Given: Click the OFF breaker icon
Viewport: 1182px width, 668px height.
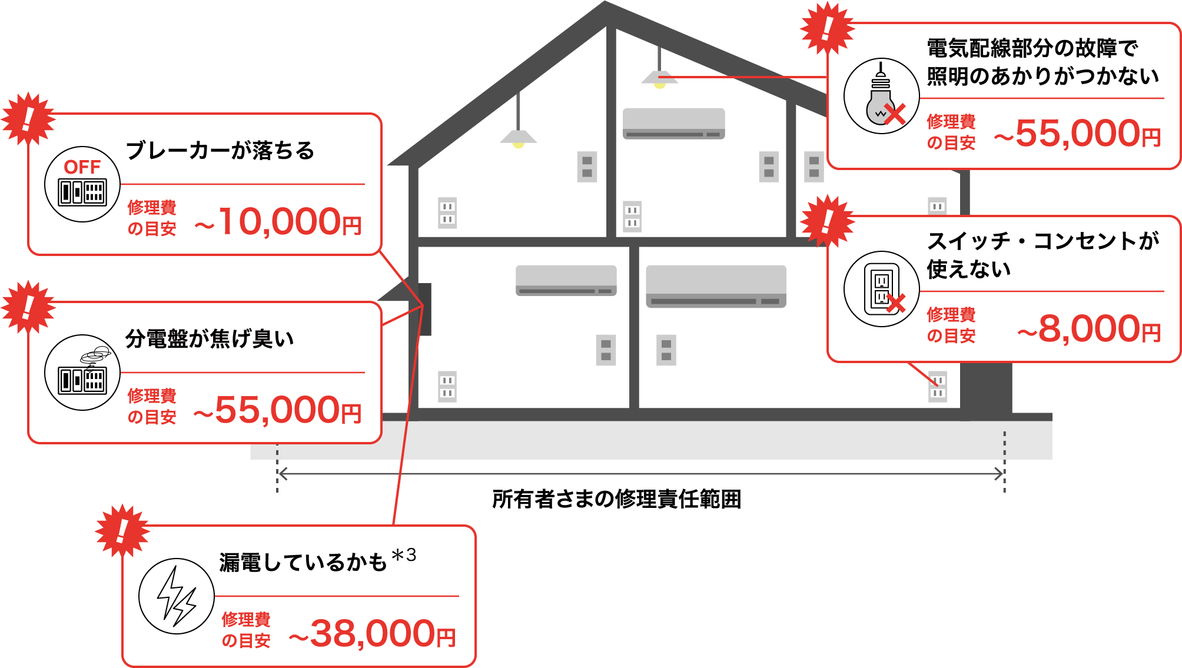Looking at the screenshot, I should (82, 184).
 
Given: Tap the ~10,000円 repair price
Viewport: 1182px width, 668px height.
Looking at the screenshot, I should (278, 222).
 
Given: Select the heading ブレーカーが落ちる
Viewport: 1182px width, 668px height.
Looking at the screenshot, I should (220, 151).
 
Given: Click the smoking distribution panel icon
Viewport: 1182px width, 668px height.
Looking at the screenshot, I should (82, 373).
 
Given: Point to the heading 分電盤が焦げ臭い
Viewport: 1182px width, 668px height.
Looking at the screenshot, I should (210, 339).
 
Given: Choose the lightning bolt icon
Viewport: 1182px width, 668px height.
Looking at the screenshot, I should (176, 596).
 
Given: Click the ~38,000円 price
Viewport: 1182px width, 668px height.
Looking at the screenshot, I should (372, 634).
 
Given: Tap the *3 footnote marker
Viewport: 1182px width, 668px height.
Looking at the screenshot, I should (404, 555).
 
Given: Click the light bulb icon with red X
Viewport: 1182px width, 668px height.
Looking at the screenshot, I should (881, 96).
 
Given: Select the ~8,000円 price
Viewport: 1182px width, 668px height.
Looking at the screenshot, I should (1089, 329).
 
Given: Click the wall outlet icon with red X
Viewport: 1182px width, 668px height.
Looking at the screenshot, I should (881, 289).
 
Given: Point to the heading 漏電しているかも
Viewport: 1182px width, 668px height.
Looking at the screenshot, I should (303, 563).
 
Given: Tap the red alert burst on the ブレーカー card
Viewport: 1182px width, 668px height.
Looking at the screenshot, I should (28, 119).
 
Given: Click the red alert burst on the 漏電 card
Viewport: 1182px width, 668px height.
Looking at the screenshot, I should (122, 531).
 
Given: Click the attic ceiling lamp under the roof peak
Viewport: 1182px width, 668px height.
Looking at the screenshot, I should (659, 78).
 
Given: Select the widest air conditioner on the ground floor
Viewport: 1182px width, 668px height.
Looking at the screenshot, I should (716, 286).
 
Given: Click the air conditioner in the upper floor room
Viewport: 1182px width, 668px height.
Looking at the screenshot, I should (673, 123).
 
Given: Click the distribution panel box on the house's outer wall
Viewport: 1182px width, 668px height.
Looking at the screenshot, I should (425, 309).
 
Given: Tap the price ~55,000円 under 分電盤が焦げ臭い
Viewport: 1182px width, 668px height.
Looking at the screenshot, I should (277, 410).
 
